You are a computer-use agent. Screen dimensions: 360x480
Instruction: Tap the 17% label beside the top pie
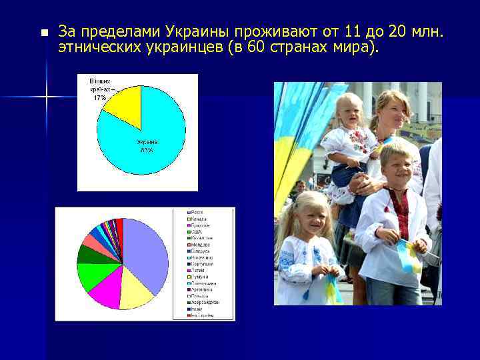(x=100, y=97)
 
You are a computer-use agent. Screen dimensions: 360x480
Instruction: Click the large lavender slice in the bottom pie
(x=147, y=253)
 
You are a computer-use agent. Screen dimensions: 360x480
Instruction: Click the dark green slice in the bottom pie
(x=87, y=254)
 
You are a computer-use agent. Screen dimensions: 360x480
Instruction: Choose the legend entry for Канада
(x=196, y=219)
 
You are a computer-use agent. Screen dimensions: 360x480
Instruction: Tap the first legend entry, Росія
(x=195, y=212)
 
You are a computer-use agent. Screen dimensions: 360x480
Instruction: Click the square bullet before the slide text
(x=44, y=32)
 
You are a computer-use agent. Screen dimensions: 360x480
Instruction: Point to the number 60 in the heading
(x=255, y=49)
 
